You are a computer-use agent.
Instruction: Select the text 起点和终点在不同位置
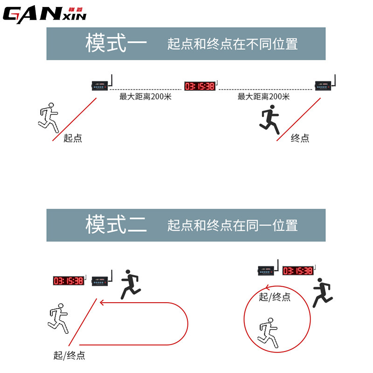coord(232,44)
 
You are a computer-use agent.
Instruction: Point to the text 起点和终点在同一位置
coord(232,225)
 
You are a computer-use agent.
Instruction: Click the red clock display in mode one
coord(200,86)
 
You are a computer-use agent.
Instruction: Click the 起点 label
coord(73,138)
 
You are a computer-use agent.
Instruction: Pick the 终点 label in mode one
coord(300,138)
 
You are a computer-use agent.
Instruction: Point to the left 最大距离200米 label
coord(145,97)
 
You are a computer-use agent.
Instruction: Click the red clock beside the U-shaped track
coord(68,281)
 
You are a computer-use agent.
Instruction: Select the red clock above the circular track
coord(297,271)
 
